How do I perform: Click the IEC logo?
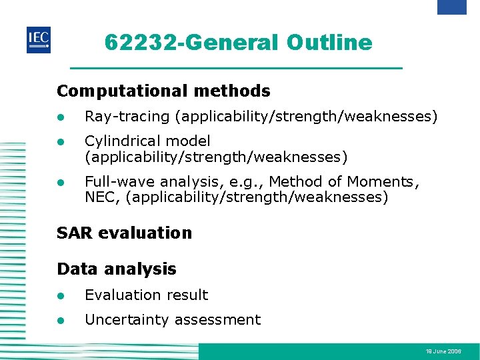click(39, 39)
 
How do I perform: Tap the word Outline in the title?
click(329, 43)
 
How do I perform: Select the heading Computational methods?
click(163, 91)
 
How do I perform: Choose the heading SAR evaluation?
click(124, 233)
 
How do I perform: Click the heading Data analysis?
click(117, 269)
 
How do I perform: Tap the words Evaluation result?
click(146, 295)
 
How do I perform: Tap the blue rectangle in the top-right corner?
click(451, 7)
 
